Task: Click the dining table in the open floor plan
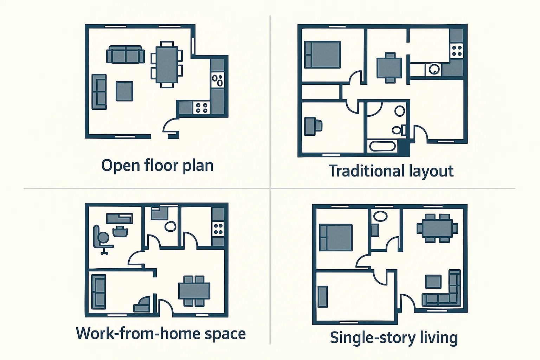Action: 167,65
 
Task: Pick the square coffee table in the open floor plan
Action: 124,91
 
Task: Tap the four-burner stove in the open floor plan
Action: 202,108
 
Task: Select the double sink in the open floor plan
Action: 217,80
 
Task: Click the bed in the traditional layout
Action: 322,54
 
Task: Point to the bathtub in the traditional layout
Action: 382,146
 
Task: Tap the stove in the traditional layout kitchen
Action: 457,51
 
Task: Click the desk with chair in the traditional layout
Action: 313,126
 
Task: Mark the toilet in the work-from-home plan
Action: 171,226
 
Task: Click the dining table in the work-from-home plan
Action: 194,291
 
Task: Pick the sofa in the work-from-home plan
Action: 98,292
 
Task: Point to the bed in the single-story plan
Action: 336,238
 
